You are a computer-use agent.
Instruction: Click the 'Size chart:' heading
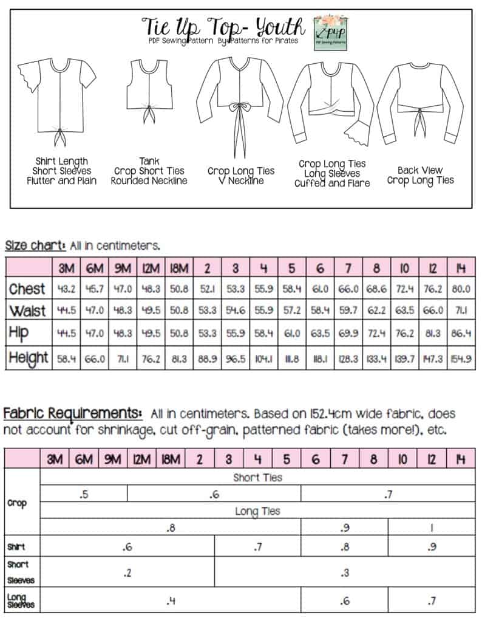[35, 246]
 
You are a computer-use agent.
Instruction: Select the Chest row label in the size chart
[27, 288]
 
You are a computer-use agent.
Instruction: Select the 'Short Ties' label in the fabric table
[257, 477]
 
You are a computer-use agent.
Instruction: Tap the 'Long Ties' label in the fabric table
[257, 511]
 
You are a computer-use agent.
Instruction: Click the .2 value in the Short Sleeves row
[127, 573]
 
